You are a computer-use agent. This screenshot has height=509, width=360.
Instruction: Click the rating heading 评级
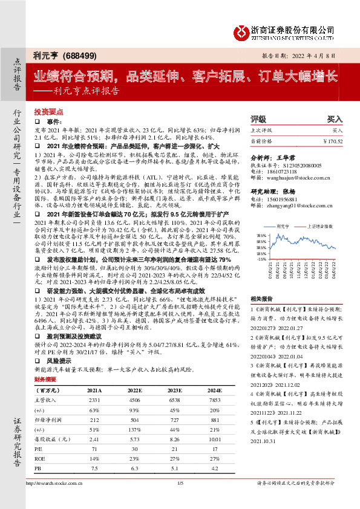coord(258,120)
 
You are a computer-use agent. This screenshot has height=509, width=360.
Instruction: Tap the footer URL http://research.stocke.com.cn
coord(54,501)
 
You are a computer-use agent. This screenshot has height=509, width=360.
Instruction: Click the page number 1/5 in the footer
coord(180,501)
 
